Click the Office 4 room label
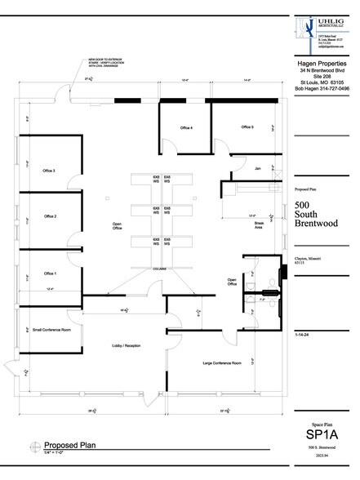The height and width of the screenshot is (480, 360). coord(185,128)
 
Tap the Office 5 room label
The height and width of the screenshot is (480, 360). coord(247,127)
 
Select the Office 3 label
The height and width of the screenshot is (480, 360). coord(50,171)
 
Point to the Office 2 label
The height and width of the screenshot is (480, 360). coord(50,216)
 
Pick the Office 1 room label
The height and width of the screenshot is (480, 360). coord(50,273)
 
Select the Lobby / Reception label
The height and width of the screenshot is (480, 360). coord(126,345)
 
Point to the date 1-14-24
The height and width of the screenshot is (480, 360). coord(303,335)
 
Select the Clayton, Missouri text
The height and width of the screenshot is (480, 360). coord(307,259)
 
